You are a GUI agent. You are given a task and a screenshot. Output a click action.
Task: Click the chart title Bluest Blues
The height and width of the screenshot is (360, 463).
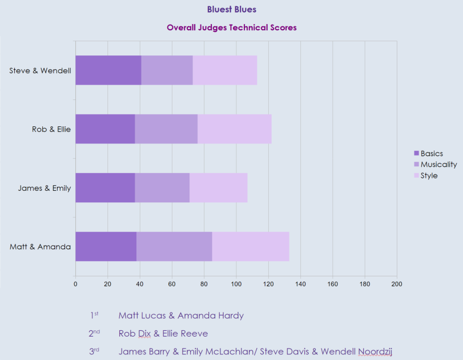pos(231,9)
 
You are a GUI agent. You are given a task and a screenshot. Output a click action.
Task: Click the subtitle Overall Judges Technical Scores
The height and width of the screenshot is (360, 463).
pos(231,27)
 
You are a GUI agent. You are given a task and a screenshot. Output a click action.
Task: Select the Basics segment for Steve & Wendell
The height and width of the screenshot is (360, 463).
pos(108,70)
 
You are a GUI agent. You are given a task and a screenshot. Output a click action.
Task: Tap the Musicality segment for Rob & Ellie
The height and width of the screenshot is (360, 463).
pos(166,129)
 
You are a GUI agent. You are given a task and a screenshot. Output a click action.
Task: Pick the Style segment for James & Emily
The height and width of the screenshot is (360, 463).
pos(218,187)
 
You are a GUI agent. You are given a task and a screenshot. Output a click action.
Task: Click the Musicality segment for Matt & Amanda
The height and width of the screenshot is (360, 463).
pos(174,246)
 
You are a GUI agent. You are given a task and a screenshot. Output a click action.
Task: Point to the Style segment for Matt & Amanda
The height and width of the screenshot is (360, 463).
pos(251,246)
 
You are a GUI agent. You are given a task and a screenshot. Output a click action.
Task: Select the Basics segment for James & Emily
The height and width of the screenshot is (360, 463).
pos(105,187)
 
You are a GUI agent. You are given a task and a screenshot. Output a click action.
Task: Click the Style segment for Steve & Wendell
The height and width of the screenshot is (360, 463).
pos(225,70)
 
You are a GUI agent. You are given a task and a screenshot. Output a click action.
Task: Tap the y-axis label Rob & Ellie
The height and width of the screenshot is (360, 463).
pos(51,129)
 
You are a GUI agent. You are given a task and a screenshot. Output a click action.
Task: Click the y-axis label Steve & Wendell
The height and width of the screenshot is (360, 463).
pos(40,71)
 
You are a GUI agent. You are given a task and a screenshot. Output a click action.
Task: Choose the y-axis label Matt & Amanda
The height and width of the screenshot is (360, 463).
pos(40,247)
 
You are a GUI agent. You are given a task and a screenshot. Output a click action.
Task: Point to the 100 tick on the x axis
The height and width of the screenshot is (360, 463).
pos(236,283)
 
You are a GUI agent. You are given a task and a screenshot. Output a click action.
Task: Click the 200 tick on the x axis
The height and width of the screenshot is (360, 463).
pos(397,283)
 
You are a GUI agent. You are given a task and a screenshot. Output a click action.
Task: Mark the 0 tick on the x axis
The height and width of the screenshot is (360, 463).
pos(75,283)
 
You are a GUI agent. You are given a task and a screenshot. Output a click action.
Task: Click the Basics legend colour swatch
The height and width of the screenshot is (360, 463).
pos(416,153)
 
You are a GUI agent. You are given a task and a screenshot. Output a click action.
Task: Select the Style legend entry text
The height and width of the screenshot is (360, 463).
pos(429,175)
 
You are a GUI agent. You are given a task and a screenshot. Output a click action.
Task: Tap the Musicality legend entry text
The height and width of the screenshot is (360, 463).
pos(438,165)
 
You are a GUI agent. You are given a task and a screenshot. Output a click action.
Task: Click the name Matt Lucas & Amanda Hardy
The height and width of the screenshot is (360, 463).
pos(181,315)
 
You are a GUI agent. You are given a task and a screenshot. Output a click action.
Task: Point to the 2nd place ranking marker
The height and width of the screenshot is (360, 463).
pos(94,333)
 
